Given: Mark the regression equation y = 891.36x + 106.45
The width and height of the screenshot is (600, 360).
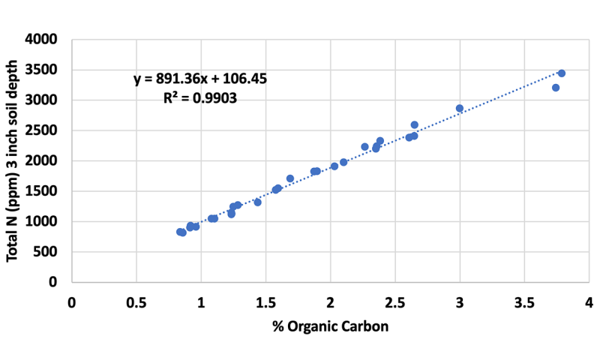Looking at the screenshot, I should (201, 79).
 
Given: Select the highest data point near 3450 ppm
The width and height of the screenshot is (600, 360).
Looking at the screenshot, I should (562, 73).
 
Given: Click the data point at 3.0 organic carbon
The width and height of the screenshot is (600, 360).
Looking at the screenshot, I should (460, 109).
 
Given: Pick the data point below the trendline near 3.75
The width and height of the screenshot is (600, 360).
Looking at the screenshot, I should (556, 88).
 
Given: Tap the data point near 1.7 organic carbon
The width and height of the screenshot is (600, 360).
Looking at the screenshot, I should (290, 178).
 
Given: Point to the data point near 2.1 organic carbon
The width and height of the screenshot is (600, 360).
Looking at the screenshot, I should (343, 162).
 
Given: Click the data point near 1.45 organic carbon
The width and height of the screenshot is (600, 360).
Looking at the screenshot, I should (257, 202).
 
